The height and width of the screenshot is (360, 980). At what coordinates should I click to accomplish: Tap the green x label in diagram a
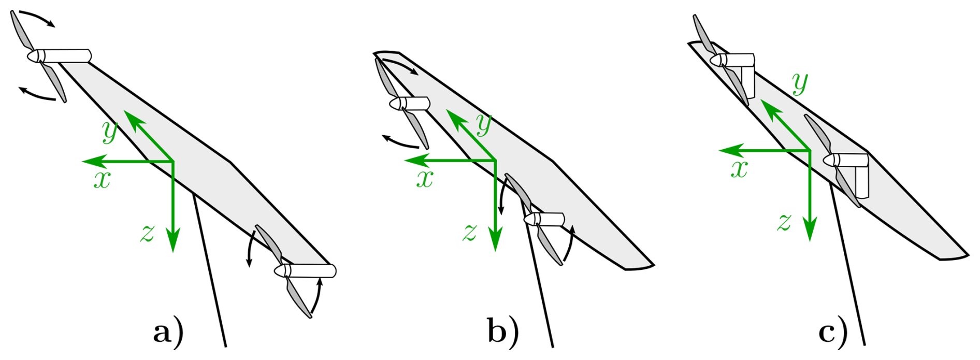pyautogui.click(x=102, y=180)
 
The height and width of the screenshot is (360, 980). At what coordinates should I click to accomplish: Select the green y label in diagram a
pyautogui.click(x=110, y=132)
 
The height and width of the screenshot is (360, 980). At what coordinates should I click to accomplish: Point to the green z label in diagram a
pyautogui.click(x=148, y=234)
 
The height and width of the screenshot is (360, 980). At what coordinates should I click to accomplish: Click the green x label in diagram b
pyautogui.click(x=425, y=179)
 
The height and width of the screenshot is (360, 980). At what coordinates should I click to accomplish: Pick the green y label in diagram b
pyautogui.click(x=484, y=125)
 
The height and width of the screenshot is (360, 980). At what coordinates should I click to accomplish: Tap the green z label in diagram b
pyautogui.click(x=470, y=233)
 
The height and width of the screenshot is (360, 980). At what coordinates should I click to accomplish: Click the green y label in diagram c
pyautogui.click(x=800, y=84)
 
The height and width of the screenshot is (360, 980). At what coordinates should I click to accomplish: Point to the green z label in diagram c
pyautogui.click(x=785, y=223)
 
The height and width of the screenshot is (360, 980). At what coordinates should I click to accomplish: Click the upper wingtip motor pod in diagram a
pyautogui.click(x=65, y=55)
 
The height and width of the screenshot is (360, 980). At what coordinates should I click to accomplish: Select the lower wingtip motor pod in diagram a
pyautogui.click(x=311, y=271)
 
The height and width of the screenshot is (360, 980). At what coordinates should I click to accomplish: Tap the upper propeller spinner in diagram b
pyautogui.click(x=396, y=104)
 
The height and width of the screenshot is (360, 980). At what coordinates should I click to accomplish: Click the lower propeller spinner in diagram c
pyautogui.click(x=830, y=160)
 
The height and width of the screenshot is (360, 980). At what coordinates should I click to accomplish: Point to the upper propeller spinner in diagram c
pyautogui.click(x=717, y=60)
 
